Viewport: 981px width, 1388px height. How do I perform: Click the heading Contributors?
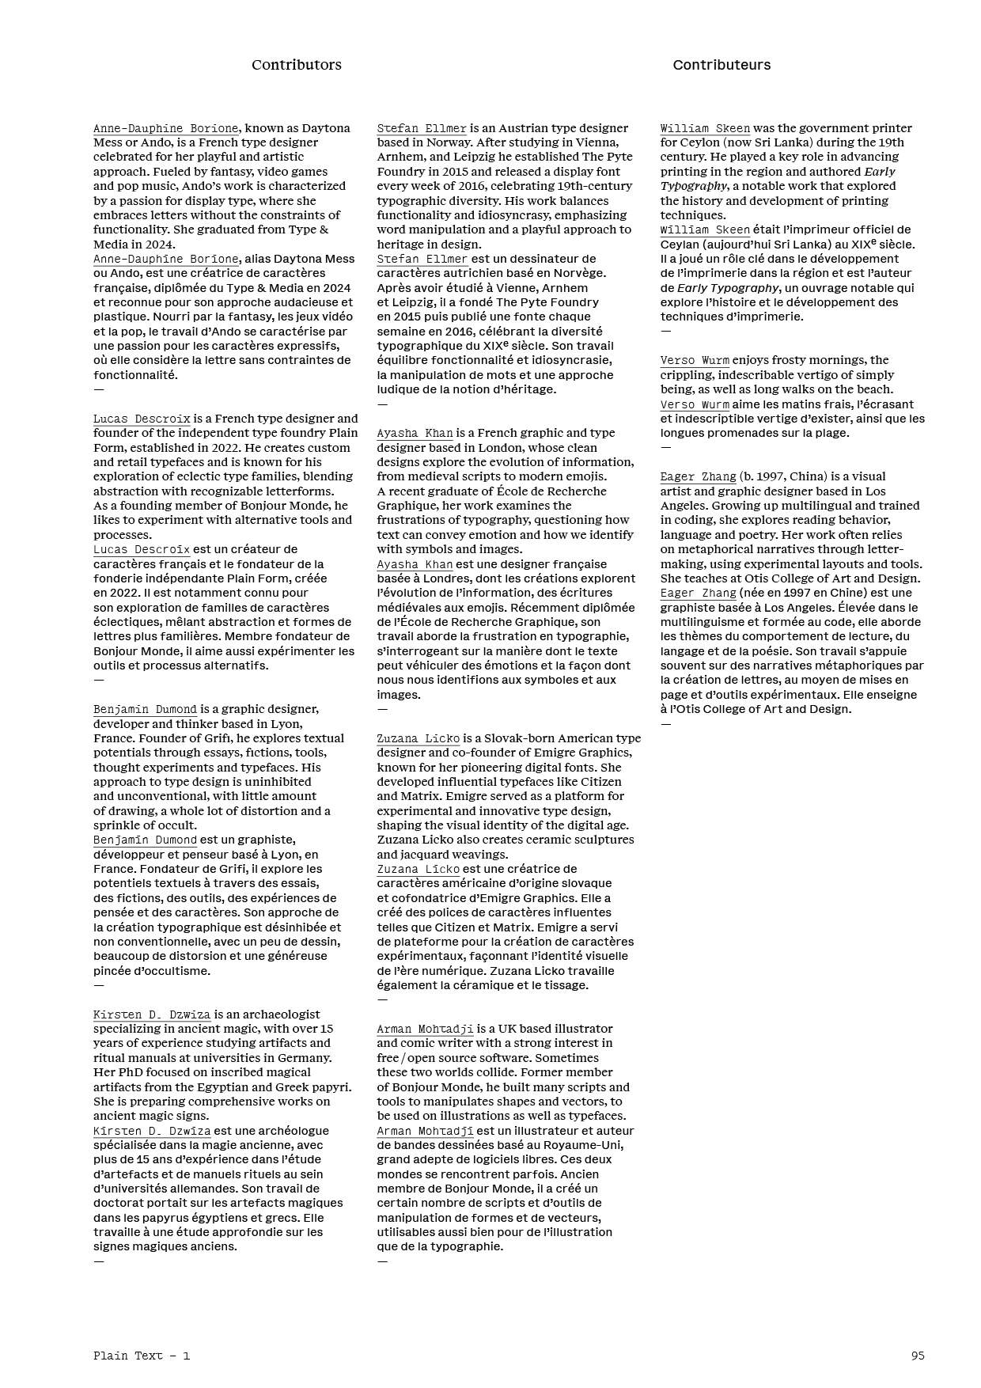pyautogui.click(x=297, y=65)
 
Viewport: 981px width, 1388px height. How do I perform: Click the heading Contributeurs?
pyautogui.click(x=722, y=65)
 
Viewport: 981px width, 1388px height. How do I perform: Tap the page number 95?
pyautogui.click(x=918, y=1355)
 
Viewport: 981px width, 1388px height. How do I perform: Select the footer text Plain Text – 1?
pyautogui.click(x=142, y=1355)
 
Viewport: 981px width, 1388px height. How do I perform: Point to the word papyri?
pyautogui.click(x=333, y=1087)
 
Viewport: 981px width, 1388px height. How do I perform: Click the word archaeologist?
pyautogui.click(x=280, y=1014)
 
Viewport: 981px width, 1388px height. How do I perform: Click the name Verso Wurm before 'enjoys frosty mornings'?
pyautogui.click(x=695, y=360)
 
